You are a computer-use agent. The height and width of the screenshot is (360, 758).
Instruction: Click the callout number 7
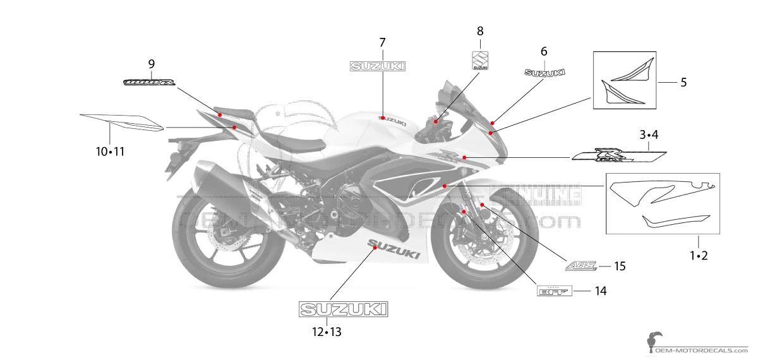pyautogui.click(x=382, y=42)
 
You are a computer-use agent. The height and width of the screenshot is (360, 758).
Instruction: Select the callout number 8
pyautogui.click(x=480, y=30)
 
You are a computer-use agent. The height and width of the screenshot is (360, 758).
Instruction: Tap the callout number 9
pyautogui.click(x=151, y=63)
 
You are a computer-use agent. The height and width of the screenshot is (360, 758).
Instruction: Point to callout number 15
pyautogui.click(x=620, y=267)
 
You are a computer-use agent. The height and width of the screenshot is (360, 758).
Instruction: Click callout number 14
pyautogui.click(x=600, y=291)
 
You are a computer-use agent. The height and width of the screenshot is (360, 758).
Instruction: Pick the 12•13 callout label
pyautogui.click(x=326, y=332)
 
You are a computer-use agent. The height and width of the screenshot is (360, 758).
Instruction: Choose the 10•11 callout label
pyautogui.click(x=110, y=152)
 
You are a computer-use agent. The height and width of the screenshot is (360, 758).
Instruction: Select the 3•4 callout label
pyautogui.click(x=649, y=135)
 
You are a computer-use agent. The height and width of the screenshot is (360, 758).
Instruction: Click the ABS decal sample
pyautogui.click(x=581, y=267)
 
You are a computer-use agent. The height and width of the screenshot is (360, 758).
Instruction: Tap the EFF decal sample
pyautogui.click(x=554, y=291)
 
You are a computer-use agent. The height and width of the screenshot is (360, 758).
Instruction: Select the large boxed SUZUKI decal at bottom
pyautogui.click(x=343, y=309)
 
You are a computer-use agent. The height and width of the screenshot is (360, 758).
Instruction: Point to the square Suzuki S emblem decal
pyautogui.click(x=480, y=61)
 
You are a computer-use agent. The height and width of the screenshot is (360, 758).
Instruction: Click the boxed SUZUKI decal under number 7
pyautogui.click(x=378, y=66)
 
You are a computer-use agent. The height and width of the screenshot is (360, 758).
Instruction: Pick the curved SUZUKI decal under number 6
pyautogui.click(x=544, y=73)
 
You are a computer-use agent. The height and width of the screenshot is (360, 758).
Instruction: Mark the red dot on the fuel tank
pyautogui.click(x=382, y=117)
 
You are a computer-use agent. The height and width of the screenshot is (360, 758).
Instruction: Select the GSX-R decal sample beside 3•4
pyautogui.click(x=619, y=155)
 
